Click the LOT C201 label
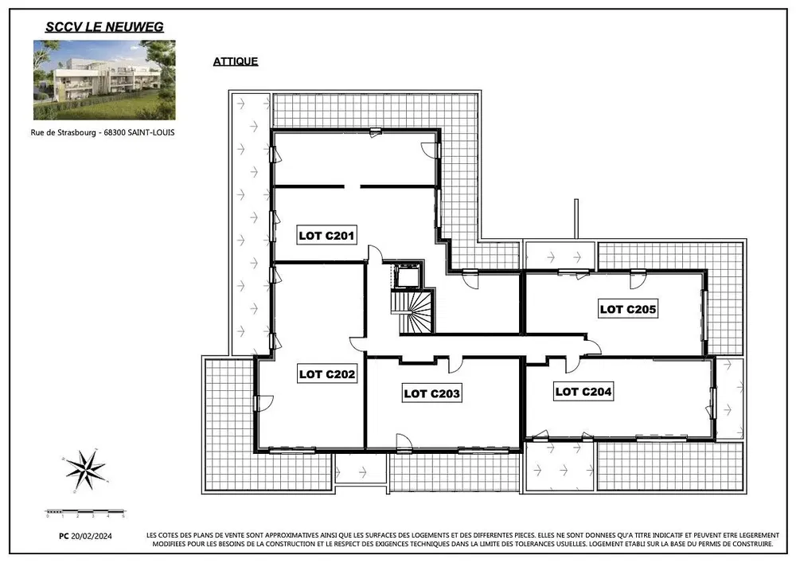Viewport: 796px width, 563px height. click(326, 236)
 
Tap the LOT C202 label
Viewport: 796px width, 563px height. click(327, 374)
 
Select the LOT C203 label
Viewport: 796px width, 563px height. click(432, 393)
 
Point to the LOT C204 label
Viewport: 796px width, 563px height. click(583, 392)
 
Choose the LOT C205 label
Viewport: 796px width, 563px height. click(628, 309)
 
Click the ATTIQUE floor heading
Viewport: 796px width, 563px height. click(236, 61)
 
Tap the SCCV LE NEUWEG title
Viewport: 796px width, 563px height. click(104, 27)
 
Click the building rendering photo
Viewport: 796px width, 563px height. click(104, 80)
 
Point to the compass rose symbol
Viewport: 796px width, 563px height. click(85, 470)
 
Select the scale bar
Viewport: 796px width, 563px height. click(85, 512)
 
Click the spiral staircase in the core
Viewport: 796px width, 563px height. click(412, 311)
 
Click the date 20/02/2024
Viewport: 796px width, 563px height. click(92, 536)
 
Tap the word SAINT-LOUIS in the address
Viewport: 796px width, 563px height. click(151, 132)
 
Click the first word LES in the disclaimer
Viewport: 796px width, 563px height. click(151, 535)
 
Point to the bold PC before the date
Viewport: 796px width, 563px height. click(64, 536)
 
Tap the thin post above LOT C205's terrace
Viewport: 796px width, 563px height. click(576, 219)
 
